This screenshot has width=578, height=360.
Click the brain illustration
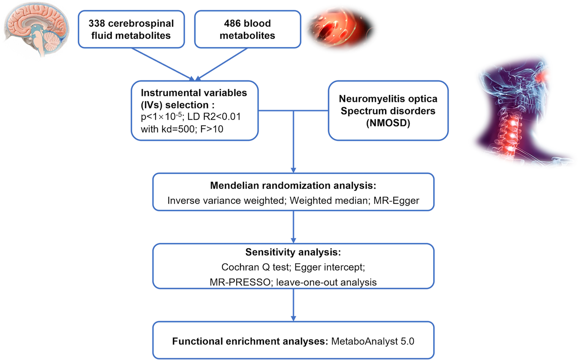tap(37, 28)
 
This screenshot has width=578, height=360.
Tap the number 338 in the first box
tap(96, 23)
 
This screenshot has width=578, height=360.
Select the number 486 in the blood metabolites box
tap(232, 23)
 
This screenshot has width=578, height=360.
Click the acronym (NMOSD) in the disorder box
tap(388, 123)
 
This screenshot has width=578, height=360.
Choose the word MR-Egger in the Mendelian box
tap(396, 200)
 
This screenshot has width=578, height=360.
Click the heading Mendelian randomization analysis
tap(293, 186)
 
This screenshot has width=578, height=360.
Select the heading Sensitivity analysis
tap(293, 252)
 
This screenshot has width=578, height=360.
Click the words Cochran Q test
tap(256, 267)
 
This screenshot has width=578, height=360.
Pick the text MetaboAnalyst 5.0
tap(372, 341)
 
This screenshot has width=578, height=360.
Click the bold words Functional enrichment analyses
tap(250, 341)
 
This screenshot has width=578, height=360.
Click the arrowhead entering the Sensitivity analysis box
tap(293, 240)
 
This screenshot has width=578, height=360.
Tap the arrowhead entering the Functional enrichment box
tap(293, 318)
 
